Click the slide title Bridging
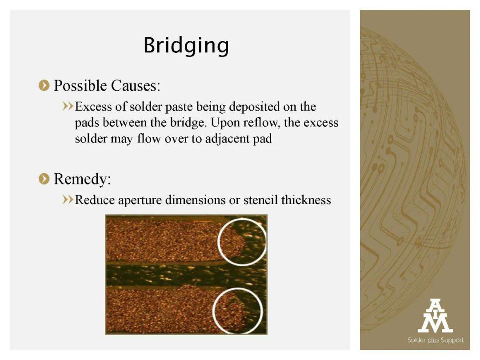pyautogui.click(x=186, y=46)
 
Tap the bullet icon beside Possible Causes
pyautogui.click(x=44, y=85)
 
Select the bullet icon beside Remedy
pyautogui.click(x=44, y=179)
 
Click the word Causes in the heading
pyautogui.click(x=136, y=86)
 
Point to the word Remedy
pyautogui.click(x=82, y=179)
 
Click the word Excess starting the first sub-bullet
pyautogui.click(x=94, y=107)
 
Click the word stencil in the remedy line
pyautogui.click(x=261, y=200)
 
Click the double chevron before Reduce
pyautogui.click(x=68, y=200)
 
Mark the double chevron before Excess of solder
pyautogui.click(x=68, y=106)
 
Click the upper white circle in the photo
pyautogui.click(x=218, y=242)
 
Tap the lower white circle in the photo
pyautogui.click(x=213, y=310)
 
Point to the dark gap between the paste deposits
pyautogui.click(x=186, y=274)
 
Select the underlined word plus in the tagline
pyautogui.click(x=433, y=340)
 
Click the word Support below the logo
pyautogui.click(x=452, y=340)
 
